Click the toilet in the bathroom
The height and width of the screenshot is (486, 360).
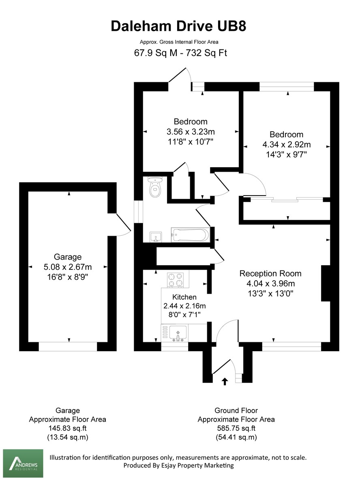[x=155, y=187]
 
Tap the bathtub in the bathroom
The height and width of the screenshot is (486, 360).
[x=190, y=235]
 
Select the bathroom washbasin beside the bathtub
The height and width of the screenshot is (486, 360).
[x=156, y=236]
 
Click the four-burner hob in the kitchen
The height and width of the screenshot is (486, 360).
[x=175, y=279]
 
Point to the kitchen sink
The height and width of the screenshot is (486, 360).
[x=177, y=333]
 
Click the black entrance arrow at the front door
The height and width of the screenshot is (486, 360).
[x=225, y=381]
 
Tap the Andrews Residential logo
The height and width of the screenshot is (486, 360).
[x=23, y=463]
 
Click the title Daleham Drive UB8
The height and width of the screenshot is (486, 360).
[x=178, y=26]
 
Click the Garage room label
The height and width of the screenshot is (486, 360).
[x=68, y=257]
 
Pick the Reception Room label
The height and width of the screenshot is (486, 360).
[x=270, y=273]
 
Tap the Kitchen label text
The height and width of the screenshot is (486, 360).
[x=184, y=297]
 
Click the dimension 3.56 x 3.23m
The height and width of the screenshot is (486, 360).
[x=191, y=132]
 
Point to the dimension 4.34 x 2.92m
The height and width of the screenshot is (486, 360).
[x=287, y=145]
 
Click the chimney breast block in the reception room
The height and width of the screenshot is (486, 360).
[x=326, y=283]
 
